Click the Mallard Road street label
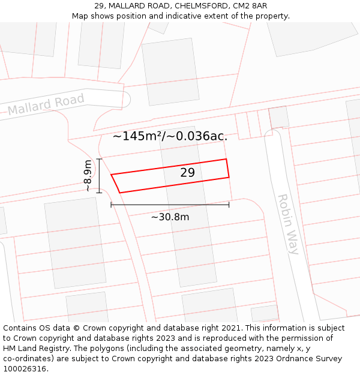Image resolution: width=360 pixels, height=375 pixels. (46, 104)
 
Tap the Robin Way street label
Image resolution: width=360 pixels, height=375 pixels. (287, 224)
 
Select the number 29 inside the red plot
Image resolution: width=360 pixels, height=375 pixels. (187, 173)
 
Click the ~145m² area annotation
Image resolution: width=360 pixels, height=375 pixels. (170, 136)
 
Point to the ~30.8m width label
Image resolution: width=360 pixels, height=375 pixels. (170, 217)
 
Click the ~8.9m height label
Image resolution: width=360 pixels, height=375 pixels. (88, 176)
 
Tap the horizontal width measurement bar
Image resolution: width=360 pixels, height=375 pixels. (170, 205)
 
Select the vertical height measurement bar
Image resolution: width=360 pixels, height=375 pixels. (100, 176)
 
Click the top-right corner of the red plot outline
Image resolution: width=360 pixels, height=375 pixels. (226, 159)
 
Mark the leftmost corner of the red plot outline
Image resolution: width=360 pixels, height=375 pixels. (111, 175)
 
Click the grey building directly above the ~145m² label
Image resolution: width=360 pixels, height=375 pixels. (170, 72)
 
